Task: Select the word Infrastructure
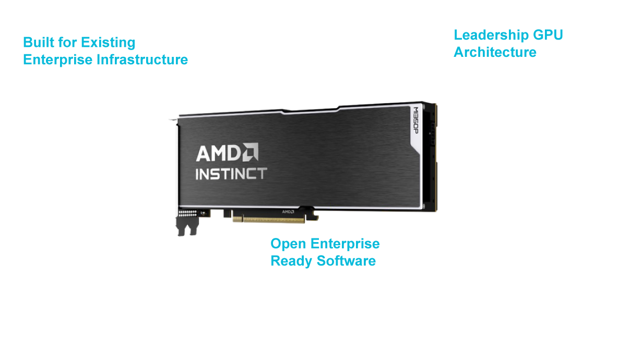coord(142,59)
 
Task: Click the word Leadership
coord(491,35)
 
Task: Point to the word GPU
coord(548,35)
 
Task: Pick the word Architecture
coord(495,52)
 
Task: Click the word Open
coord(288,244)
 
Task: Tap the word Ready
coord(291,261)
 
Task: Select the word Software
coord(346,261)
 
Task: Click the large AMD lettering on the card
coord(219,153)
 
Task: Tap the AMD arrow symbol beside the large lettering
coord(251,152)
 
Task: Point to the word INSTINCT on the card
coord(231,174)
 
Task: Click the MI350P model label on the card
coord(415,121)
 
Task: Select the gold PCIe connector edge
coord(269,219)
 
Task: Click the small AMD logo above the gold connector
coord(288,212)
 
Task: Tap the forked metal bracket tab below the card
coord(187,226)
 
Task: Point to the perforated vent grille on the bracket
coord(187,213)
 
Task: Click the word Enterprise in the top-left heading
coord(57,60)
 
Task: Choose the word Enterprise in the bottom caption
coord(345,244)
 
